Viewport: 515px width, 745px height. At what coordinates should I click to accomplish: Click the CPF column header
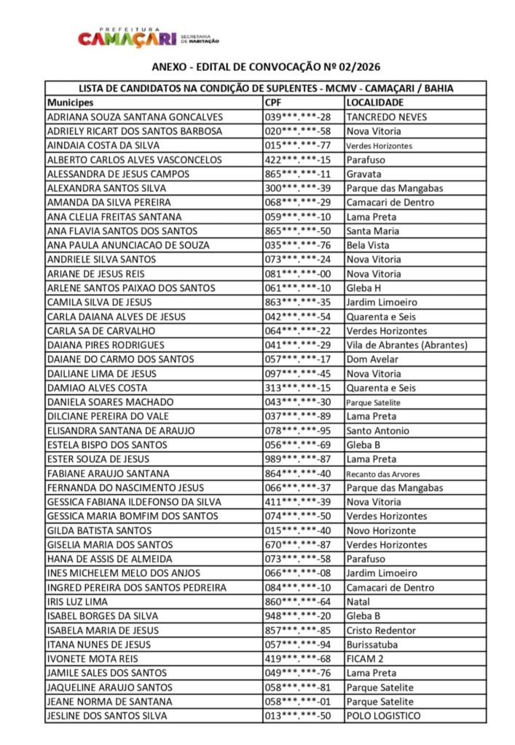273,103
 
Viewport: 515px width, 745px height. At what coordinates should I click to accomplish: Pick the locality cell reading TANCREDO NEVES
386,117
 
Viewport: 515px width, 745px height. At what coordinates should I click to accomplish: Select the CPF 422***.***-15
297,160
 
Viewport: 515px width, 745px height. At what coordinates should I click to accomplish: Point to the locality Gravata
363,174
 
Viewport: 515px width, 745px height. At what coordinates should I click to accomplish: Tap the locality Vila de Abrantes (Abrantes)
406,345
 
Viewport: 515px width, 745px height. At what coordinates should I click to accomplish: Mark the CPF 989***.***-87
297,459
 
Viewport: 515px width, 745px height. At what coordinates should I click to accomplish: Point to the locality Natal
358,602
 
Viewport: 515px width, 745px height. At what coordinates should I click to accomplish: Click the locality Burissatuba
371,645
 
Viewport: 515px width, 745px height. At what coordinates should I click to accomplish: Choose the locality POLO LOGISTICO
383,716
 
